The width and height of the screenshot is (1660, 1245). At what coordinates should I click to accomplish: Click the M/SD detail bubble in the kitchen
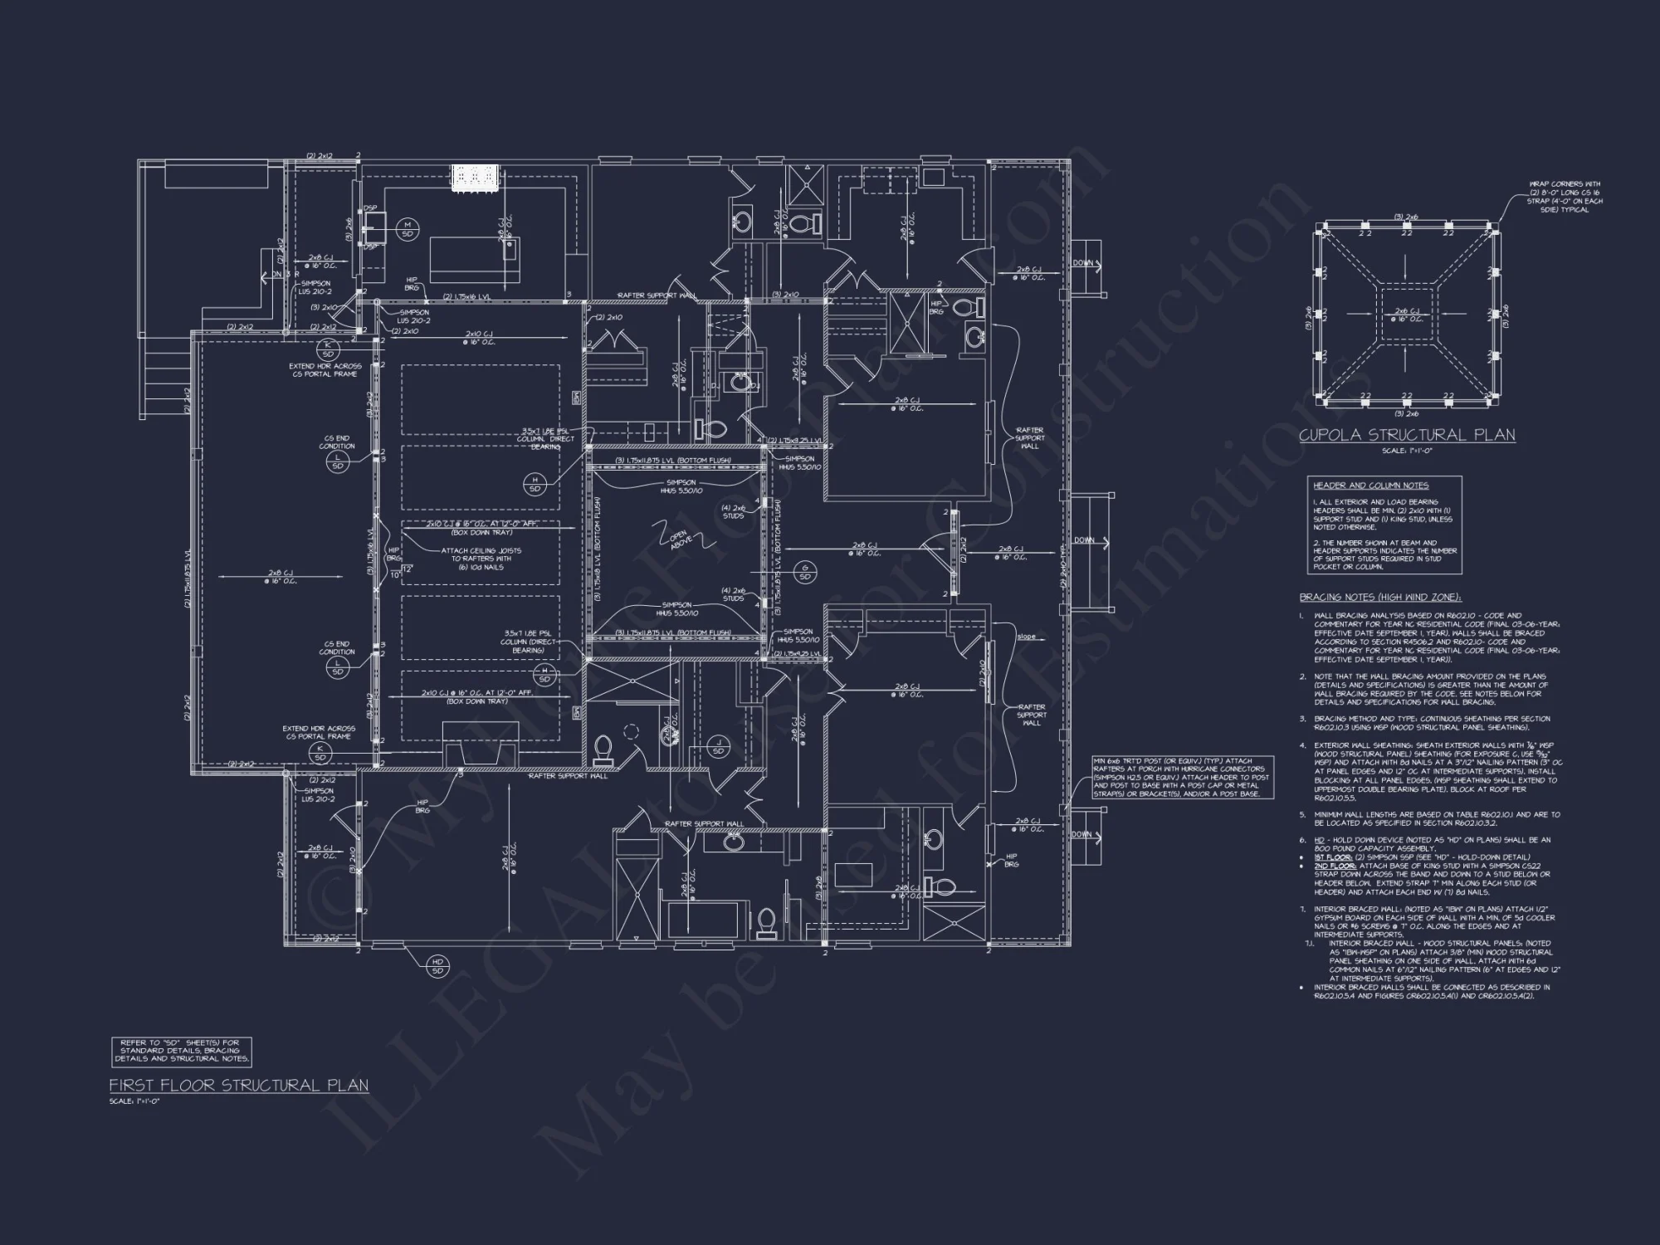tap(408, 229)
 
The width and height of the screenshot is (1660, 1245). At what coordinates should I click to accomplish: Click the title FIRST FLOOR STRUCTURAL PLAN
tap(238, 1086)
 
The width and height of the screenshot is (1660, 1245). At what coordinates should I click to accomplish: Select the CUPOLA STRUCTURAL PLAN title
tap(1407, 435)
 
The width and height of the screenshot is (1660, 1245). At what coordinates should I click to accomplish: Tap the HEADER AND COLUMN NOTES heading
tap(1359, 486)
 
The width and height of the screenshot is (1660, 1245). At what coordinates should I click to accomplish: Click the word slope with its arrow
tap(1026, 637)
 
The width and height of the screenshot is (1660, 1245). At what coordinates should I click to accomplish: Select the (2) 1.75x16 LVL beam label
tap(473, 296)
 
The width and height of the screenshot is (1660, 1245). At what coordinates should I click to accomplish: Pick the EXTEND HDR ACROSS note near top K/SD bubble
tap(325, 369)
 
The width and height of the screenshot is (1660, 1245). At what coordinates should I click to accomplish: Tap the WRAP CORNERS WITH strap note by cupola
tap(1565, 197)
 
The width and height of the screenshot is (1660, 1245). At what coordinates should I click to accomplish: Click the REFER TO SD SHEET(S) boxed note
tap(181, 1051)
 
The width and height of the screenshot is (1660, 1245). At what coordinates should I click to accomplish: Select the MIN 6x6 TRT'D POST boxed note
tap(1183, 777)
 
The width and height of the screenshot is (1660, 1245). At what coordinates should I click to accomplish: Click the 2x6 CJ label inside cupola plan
tap(1404, 315)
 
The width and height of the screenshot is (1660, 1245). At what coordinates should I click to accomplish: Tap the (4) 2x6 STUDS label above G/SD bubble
tap(733, 511)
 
